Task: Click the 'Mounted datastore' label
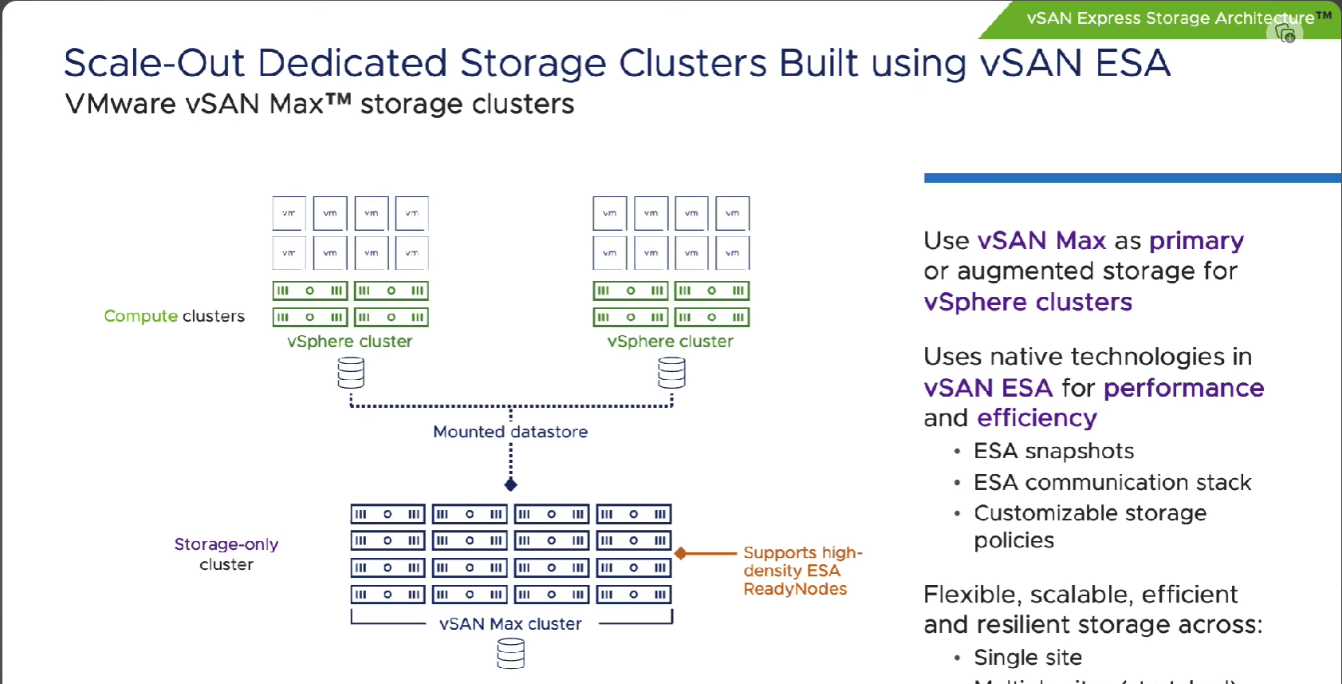pyautogui.click(x=510, y=432)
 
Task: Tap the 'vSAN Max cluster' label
pyautogui.click(x=510, y=624)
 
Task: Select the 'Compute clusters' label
pyautogui.click(x=174, y=316)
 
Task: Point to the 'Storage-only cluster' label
pyautogui.click(x=226, y=554)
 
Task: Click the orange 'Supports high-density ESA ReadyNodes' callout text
pyautogui.click(x=801, y=571)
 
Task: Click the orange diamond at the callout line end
pyautogui.click(x=681, y=553)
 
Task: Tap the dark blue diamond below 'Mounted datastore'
pyautogui.click(x=511, y=484)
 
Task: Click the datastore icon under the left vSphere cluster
pyautogui.click(x=351, y=373)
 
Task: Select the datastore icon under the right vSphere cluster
pyautogui.click(x=671, y=373)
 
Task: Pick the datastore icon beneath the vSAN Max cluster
pyautogui.click(x=511, y=654)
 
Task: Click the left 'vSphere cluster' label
pyautogui.click(x=350, y=342)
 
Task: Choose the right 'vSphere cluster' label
pyautogui.click(x=670, y=342)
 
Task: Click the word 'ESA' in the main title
pyautogui.click(x=1132, y=63)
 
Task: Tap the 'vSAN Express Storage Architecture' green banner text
pyautogui.click(x=1170, y=18)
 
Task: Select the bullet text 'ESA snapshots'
pyautogui.click(x=1053, y=451)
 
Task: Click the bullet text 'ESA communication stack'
pyautogui.click(x=1112, y=483)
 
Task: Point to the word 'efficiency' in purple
pyautogui.click(x=1037, y=418)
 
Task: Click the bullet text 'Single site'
pyautogui.click(x=1028, y=658)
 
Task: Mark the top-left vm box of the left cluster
pyautogui.click(x=289, y=213)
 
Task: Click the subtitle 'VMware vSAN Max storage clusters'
pyautogui.click(x=319, y=105)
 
